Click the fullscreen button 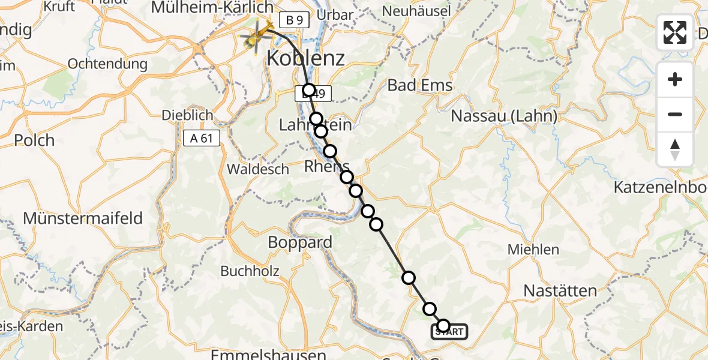(x=675, y=32)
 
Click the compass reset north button (x=675, y=149)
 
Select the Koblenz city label (x=305, y=58)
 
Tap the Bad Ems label (x=420, y=85)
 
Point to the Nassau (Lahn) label (x=504, y=116)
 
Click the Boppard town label (x=300, y=242)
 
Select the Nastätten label (x=560, y=291)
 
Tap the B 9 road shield (x=293, y=20)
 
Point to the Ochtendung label (x=107, y=64)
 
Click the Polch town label (x=35, y=140)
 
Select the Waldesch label (x=258, y=169)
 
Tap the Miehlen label (x=533, y=250)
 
